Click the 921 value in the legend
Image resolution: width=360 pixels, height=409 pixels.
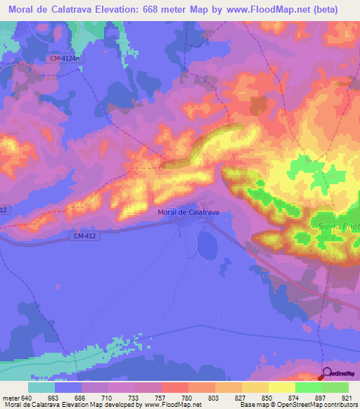345,397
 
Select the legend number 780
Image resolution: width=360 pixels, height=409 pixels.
186,397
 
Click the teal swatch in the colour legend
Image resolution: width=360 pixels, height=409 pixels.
41,387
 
